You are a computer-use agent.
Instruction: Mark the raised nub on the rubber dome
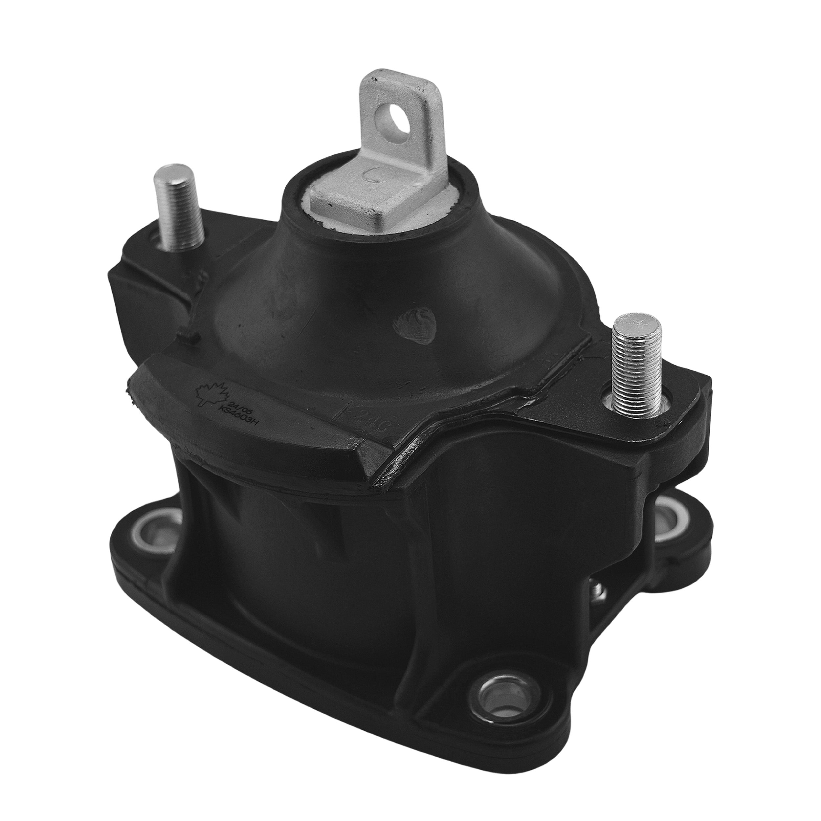[414, 327]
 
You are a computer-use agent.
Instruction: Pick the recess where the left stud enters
[168, 246]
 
